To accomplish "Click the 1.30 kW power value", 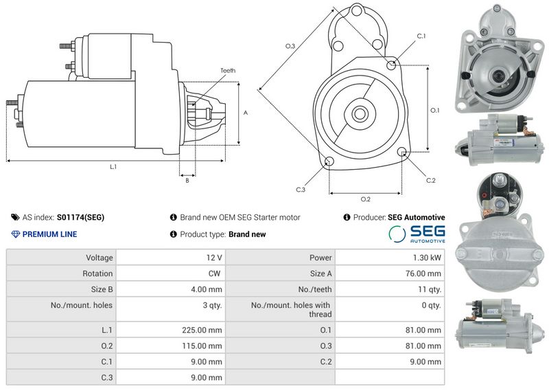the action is [x=427, y=258].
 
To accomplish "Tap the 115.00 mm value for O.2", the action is [x=202, y=346].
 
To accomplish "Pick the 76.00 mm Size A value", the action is [x=423, y=273].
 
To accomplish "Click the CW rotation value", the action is [x=214, y=273].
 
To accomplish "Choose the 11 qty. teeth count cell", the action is [x=430, y=290].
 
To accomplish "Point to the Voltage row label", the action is [x=100, y=258].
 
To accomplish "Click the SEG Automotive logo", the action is [x=417, y=234].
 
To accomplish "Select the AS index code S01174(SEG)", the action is [x=80, y=217].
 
